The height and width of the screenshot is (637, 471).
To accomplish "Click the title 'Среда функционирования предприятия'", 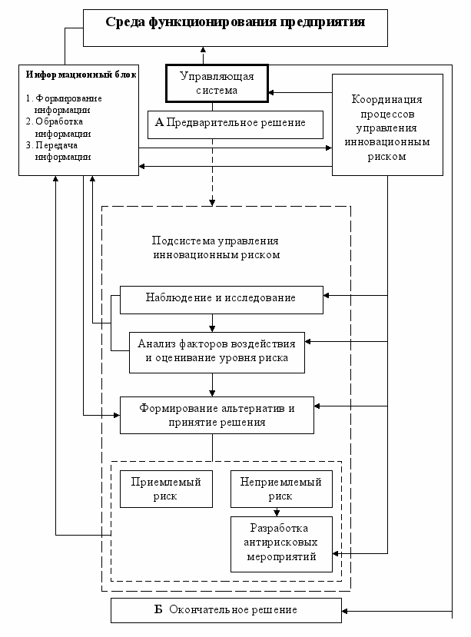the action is pos(235,22).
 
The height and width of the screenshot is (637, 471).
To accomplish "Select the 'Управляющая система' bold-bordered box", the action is pos(217,83).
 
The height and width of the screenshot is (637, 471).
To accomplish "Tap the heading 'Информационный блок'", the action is pos(81,75).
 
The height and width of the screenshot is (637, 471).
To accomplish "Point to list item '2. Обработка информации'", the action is pos(58,127).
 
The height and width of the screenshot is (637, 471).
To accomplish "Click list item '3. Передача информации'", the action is pos(58,151).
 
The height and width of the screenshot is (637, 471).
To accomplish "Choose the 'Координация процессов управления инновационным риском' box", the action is pos(387,124).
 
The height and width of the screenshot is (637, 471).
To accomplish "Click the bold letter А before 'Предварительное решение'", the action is pos(159,122).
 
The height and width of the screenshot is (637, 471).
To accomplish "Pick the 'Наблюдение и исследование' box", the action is pos(221,300).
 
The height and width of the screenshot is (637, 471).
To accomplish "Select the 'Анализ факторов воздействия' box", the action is pos(217,353).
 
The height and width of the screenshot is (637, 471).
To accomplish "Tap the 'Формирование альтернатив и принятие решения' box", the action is pos(217,415).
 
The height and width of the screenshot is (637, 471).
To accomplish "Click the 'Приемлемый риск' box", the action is pos(166,489).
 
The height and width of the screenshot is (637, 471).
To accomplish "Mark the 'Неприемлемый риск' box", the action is pos(281,489).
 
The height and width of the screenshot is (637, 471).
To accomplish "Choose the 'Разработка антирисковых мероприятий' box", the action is pos(281,544).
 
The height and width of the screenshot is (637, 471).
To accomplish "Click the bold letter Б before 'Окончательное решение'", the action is pos(158,609).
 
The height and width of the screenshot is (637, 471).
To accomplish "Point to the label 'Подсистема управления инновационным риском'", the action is pos(216,248).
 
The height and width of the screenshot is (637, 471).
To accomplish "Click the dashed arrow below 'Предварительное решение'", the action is pos(212,172).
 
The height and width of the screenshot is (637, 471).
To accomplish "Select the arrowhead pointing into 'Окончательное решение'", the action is pos(345,611).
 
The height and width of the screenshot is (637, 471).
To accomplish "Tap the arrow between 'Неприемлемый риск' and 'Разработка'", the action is pos(277,512).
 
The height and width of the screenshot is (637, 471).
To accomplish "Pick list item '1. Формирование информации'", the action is pos(64,104).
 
